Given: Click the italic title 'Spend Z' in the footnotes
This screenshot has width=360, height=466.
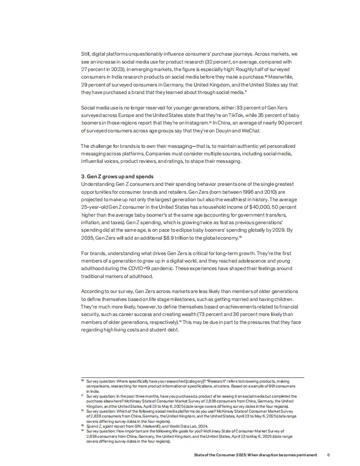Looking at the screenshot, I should [x=94, y=426].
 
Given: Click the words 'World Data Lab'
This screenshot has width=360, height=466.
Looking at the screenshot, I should [x=183, y=426].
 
